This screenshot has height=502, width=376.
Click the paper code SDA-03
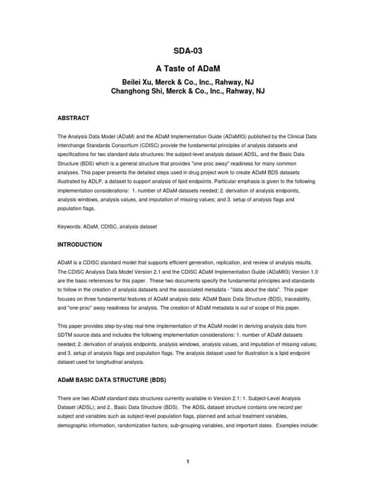click(188, 50)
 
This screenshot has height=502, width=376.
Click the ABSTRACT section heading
click(73, 118)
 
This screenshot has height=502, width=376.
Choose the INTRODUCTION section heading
click(80, 244)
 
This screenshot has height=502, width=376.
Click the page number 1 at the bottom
click(188, 461)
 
